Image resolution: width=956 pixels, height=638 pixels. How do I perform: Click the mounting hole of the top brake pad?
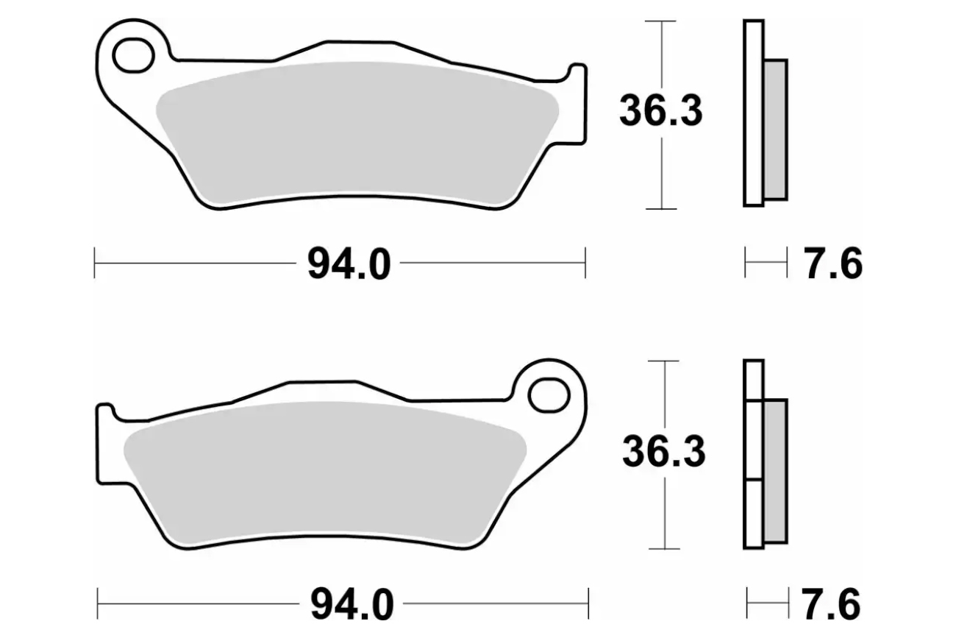click(133, 55)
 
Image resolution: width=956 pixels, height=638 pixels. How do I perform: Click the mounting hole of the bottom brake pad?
click(549, 395)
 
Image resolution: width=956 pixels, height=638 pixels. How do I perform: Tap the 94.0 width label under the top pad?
click(349, 265)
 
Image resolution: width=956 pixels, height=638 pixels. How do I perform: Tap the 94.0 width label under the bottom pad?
click(352, 605)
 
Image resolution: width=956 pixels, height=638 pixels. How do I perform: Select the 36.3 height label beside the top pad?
click(660, 111)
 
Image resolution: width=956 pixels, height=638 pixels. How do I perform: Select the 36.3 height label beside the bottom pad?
click(663, 451)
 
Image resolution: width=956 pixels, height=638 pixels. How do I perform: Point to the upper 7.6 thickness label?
click(833, 265)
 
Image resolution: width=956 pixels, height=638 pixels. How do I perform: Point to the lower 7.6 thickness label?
click(831, 605)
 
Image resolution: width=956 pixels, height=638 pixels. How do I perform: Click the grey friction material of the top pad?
click(357, 132)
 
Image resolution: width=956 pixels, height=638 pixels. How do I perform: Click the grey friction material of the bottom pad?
click(325, 472)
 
